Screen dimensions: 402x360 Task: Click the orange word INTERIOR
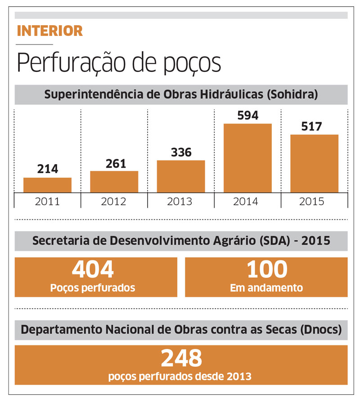[49, 31]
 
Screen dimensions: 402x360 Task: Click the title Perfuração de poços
[119, 63]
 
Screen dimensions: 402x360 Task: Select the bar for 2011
[47, 185]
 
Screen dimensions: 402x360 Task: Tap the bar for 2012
[114, 182]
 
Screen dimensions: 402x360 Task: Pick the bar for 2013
[180, 176]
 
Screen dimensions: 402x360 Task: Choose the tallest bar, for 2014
[247, 158]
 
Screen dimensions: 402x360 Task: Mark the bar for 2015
[314, 163]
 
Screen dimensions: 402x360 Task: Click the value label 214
[47, 169]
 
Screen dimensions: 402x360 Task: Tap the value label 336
[180, 152]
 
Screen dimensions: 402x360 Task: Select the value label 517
[311, 126]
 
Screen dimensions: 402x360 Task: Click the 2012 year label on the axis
[114, 201]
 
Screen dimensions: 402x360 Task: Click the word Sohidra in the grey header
[298, 95]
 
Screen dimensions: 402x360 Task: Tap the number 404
[93, 270]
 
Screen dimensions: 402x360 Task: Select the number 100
[266, 270]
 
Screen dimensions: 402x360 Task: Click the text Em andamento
[266, 287]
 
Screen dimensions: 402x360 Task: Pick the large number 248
[181, 358]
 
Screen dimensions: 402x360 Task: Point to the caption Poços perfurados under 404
[93, 287]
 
